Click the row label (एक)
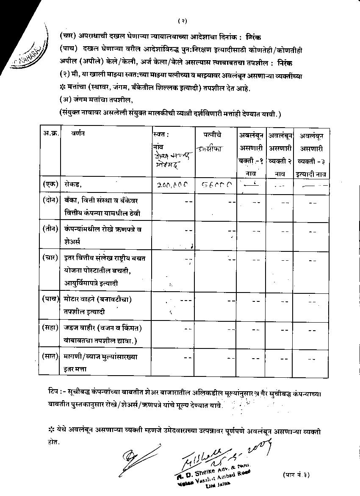(49, 184)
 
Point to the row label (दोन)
(49, 200)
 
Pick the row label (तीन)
(49, 229)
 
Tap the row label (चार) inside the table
(49, 257)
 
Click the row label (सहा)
(49, 328)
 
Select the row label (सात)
(49, 356)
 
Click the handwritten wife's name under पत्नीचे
(209, 149)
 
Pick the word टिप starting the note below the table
(52, 389)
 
